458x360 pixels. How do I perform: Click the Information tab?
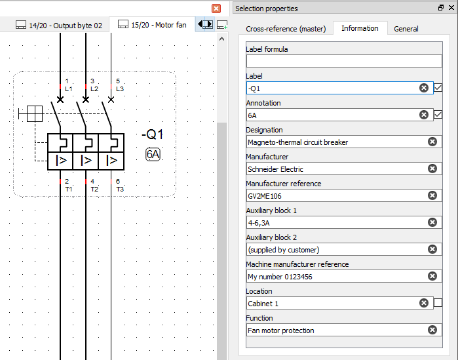[x=360, y=28]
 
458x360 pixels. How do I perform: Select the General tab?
[x=406, y=29]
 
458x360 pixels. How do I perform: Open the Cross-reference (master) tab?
[x=285, y=29]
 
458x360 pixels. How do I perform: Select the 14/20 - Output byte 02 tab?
[x=59, y=26]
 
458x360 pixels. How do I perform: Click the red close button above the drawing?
[x=216, y=9]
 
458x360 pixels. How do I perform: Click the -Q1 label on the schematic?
[x=153, y=135]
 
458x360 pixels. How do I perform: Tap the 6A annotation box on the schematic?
[x=153, y=155]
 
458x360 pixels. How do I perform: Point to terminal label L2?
[x=94, y=89]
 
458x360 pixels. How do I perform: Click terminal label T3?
[x=120, y=189]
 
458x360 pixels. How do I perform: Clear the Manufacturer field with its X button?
[x=432, y=169]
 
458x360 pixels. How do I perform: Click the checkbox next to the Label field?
[x=438, y=88]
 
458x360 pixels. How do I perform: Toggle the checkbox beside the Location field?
[x=438, y=303]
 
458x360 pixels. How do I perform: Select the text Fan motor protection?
[x=280, y=330]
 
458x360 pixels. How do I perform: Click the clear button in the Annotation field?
[x=424, y=115]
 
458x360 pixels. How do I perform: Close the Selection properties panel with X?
[x=451, y=9]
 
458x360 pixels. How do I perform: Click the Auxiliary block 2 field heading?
[x=271, y=237]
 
